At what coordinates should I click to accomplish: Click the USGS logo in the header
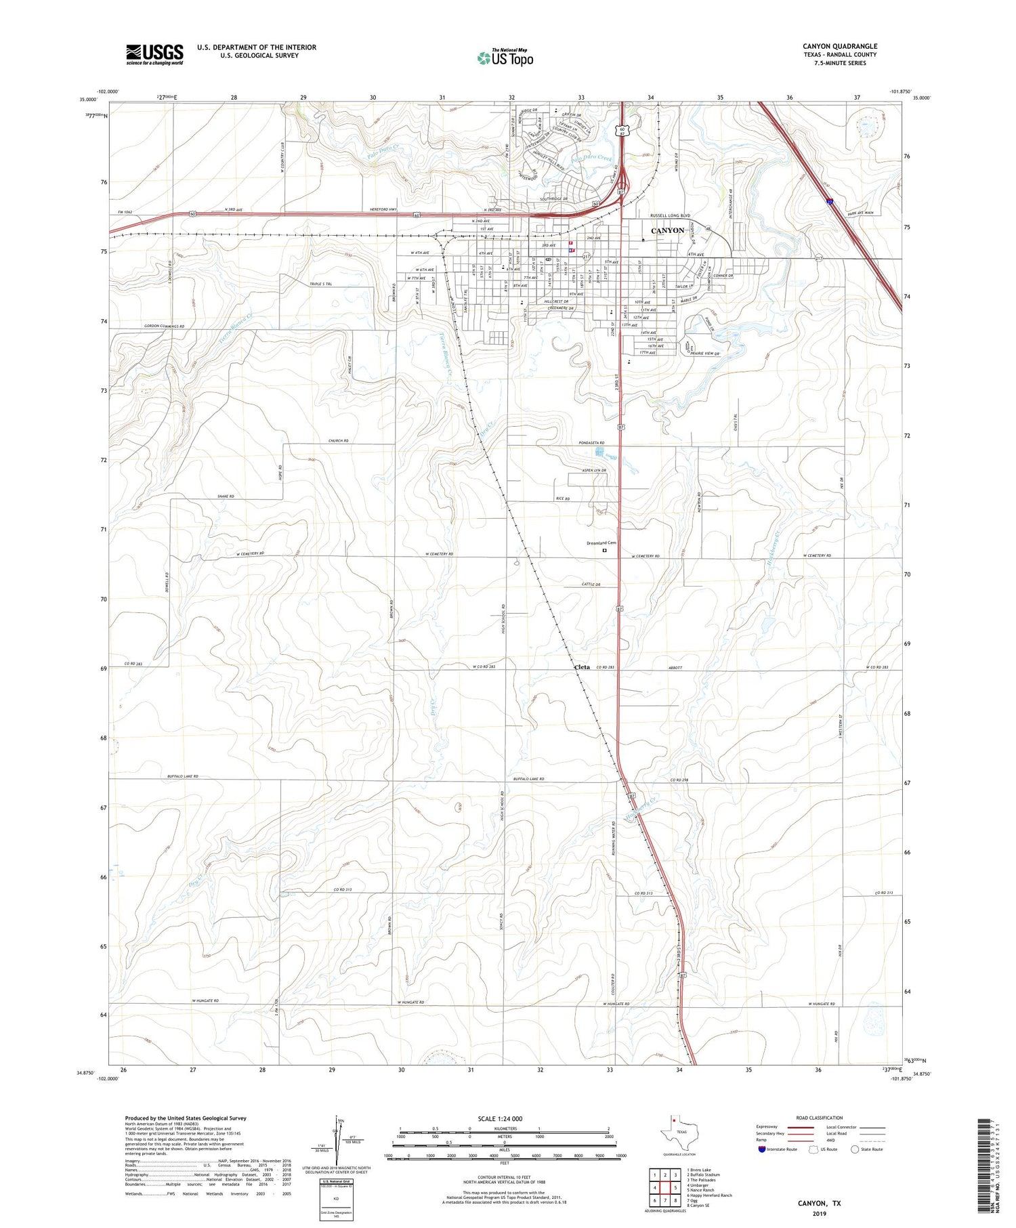click(154, 54)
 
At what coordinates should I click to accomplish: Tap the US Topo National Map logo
click(505, 58)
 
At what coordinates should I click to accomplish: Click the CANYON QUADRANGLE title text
click(839, 46)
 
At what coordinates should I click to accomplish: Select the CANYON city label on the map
click(667, 231)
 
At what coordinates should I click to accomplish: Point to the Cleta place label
click(582, 667)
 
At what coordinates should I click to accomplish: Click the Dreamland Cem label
click(601, 543)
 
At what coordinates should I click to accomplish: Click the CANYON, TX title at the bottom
click(818, 1203)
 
